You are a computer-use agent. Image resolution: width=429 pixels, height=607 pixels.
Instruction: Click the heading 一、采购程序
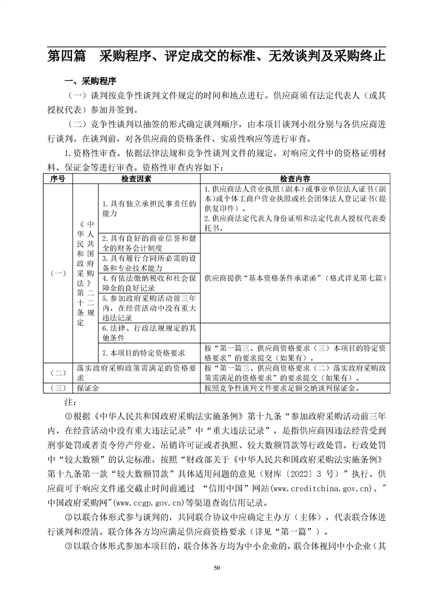pos(90,82)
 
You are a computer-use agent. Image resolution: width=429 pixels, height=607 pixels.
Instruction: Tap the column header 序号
pos(57,178)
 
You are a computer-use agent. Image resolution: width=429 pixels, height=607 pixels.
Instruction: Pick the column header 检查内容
pos(295,178)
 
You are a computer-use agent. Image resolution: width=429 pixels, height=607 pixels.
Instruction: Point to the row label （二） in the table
pos(57,373)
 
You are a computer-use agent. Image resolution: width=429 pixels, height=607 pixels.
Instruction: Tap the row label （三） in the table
pos(57,388)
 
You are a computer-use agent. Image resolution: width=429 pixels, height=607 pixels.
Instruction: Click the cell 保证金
pos(88,388)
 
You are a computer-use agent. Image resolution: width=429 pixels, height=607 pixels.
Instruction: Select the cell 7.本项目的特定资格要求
pos(143,353)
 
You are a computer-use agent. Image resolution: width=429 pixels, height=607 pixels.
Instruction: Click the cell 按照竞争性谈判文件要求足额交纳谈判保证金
pos(282,388)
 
